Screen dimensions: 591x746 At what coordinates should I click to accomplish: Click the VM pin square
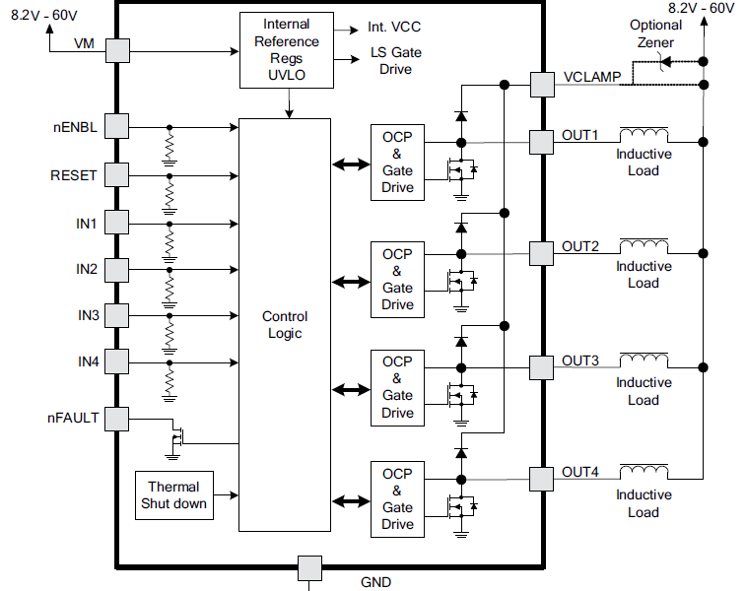pyautogui.click(x=117, y=49)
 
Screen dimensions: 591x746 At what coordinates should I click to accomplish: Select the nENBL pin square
pyautogui.click(x=117, y=126)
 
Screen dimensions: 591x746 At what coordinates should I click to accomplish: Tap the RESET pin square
pyautogui.click(x=117, y=174)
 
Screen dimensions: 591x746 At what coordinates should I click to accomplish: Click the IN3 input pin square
pyautogui.click(x=117, y=315)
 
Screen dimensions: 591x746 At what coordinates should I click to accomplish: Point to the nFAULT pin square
pyautogui.click(x=117, y=419)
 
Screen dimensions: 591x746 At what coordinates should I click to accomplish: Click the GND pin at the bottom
pyautogui.click(x=309, y=568)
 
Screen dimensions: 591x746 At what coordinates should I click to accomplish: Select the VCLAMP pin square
pyautogui.click(x=542, y=85)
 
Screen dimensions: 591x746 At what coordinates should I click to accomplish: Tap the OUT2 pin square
pyautogui.click(x=542, y=253)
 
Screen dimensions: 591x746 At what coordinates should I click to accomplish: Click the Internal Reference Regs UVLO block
pyautogui.click(x=287, y=49)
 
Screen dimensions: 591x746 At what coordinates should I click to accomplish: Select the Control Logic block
pyautogui.click(x=285, y=324)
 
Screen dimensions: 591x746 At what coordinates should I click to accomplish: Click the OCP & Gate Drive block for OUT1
pyautogui.click(x=398, y=162)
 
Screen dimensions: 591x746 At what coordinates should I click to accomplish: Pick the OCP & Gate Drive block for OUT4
pyautogui.click(x=398, y=498)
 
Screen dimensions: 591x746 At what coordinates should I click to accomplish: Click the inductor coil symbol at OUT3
pyautogui.click(x=643, y=358)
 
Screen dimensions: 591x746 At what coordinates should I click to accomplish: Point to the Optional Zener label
pyautogui.click(x=656, y=33)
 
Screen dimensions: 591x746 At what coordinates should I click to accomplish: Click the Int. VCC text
pyautogui.click(x=393, y=27)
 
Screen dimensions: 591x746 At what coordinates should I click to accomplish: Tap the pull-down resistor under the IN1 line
pyautogui.click(x=170, y=238)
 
